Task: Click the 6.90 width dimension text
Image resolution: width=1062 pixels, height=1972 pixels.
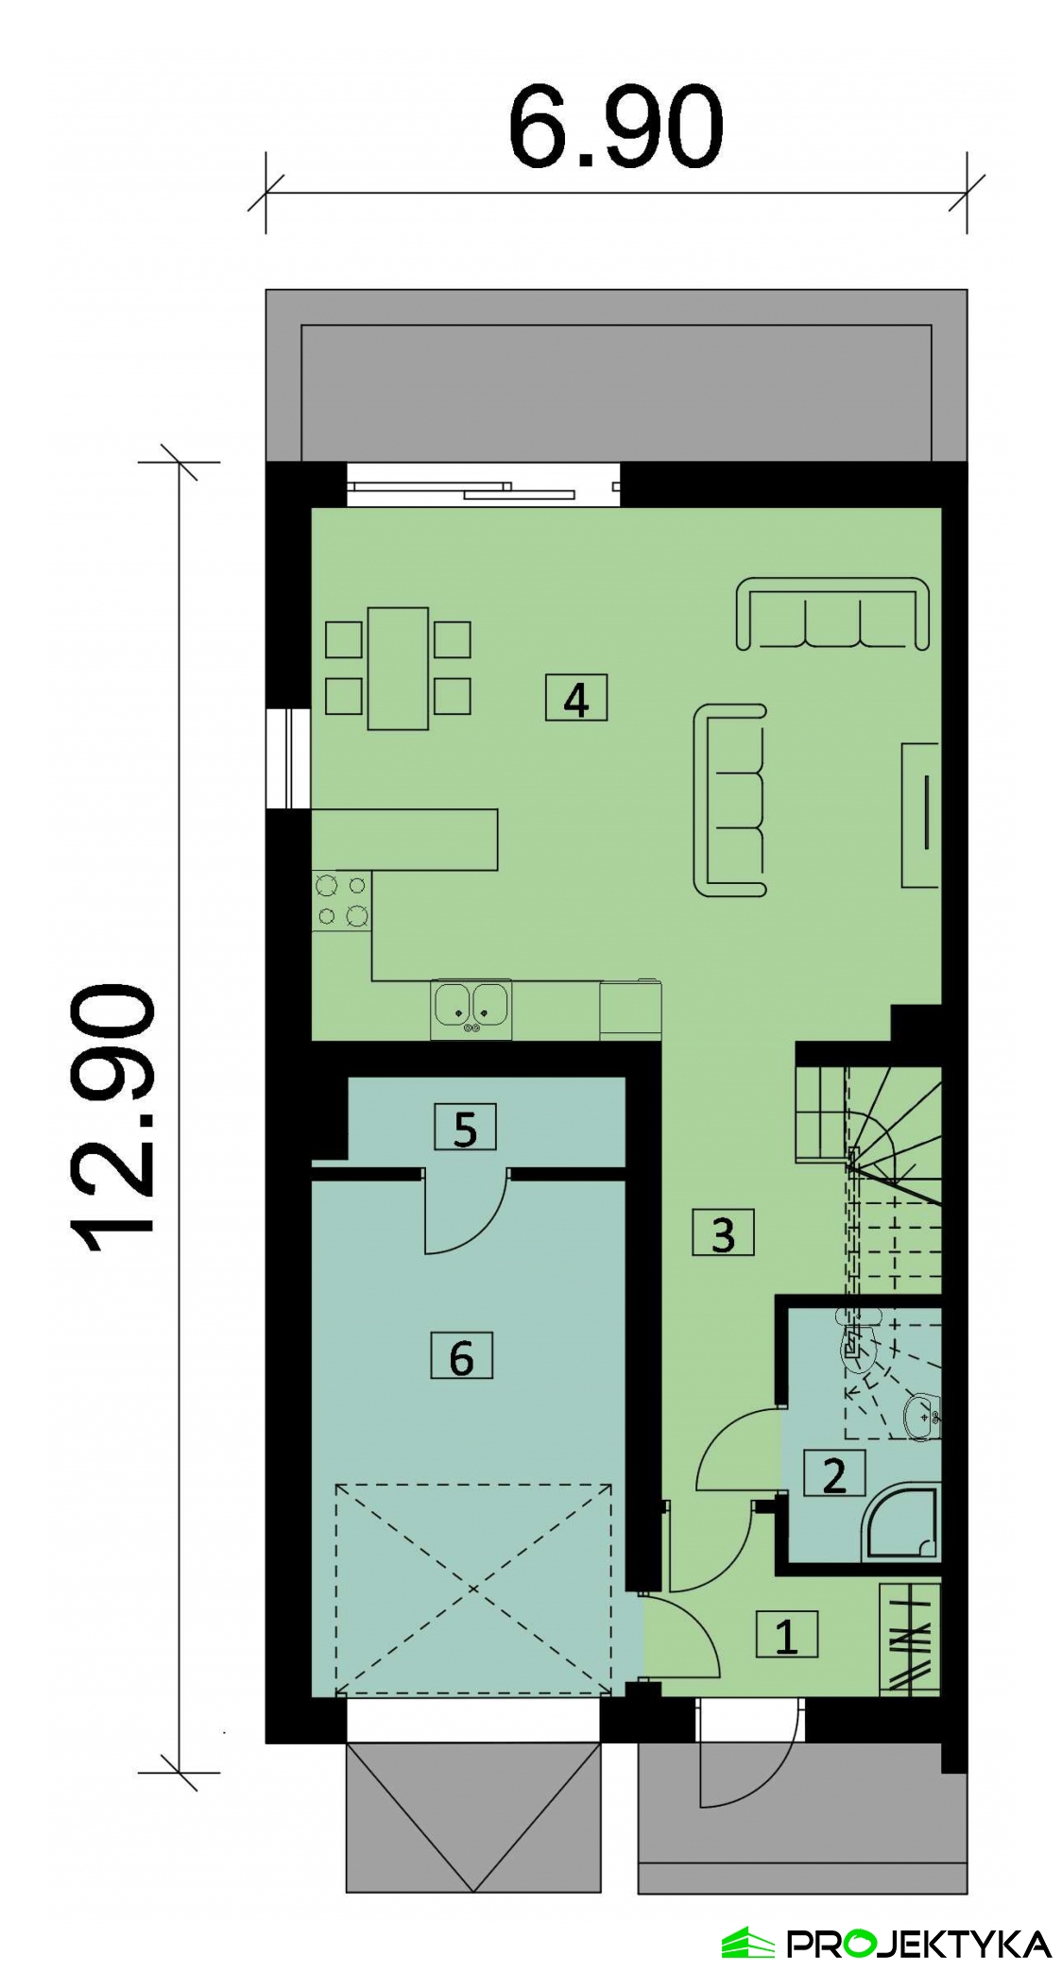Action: click(615, 127)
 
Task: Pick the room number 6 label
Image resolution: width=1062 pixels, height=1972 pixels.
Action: click(461, 1357)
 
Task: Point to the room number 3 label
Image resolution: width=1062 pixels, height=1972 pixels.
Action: click(723, 1232)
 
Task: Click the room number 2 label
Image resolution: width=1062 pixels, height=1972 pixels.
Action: click(834, 1474)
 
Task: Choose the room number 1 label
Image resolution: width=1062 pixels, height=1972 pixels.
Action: click(787, 1635)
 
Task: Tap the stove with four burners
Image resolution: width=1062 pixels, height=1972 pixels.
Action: click(341, 901)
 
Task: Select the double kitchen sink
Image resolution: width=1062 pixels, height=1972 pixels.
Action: click(471, 1011)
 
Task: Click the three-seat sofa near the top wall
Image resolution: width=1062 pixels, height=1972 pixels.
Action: click(832, 614)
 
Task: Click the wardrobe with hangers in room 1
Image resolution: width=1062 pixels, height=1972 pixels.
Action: click(911, 1639)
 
